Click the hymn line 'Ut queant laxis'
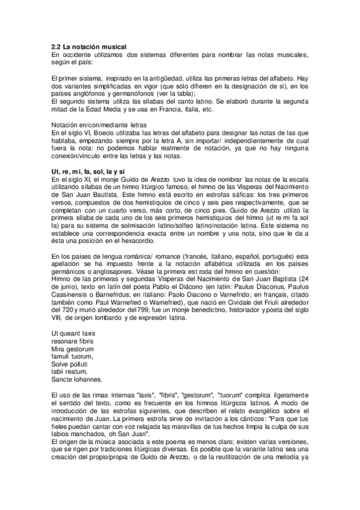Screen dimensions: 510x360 click(73, 333)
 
